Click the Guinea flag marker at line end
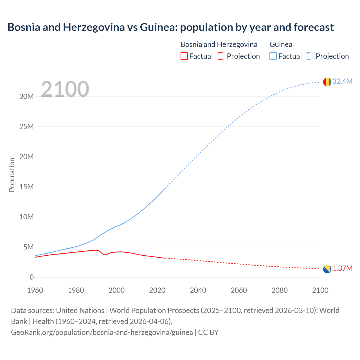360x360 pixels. (x=327, y=82)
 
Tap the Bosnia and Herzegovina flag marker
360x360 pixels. (x=327, y=269)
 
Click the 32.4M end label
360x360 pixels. (x=342, y=81)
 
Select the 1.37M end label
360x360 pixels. (x=343, y=268)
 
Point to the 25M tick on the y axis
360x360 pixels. (x=26, y=127)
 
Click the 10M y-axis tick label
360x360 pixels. (x=26, y=217)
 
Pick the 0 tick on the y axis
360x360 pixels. (x=31, y=277)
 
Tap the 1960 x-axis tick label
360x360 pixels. (x=35, y=290)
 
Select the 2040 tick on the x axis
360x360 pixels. (x=198, y=290)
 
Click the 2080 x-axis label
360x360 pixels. (x=280, y=290)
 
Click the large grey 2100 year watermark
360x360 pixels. (x=65, y=89)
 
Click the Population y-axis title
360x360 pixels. (x=12, y=175)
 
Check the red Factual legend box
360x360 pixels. (x=184, y=56)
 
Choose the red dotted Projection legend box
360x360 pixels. (x=222, y=56)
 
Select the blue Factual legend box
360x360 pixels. (x=273, y=56)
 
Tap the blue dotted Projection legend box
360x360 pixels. (x=311, y=56)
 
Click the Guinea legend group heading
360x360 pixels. (x=281, y=44)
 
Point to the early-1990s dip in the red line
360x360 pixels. (x=105, y=255)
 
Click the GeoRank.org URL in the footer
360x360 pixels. (x=102, y=332)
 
